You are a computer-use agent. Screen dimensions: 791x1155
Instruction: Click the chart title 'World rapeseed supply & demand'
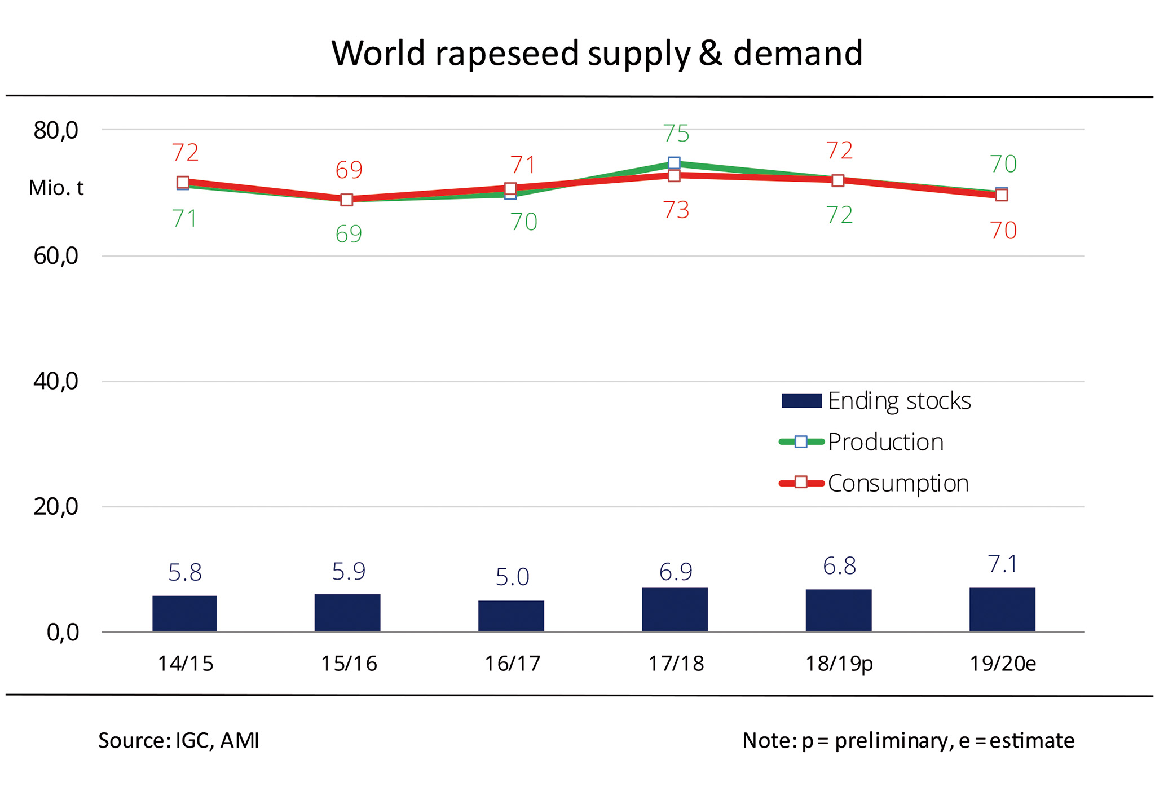[x=597, y=53]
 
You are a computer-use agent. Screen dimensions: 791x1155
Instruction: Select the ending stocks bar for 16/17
[x=511, y=616]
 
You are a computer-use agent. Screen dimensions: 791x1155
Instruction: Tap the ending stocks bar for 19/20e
[x=1002, y=609]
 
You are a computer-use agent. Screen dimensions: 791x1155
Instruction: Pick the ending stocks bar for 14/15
[x=184, y=613]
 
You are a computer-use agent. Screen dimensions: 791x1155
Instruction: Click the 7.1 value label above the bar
[x=1003, y=564]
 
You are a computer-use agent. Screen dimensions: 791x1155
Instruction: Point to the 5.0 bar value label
[x=512, y=577]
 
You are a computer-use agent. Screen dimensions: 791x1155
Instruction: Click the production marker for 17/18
[x=674, y=163]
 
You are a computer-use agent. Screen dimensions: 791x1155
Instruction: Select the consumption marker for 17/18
[x=674, y=176]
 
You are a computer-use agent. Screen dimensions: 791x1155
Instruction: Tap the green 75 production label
[x=676, y=134]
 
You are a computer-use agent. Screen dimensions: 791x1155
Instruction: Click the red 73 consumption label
[x=676, y=210]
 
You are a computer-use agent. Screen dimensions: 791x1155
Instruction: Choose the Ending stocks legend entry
[x=876, y=401]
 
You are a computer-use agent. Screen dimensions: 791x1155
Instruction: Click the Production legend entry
[x=862, y=442]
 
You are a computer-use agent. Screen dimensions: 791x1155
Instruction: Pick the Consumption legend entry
[x=874, y=483]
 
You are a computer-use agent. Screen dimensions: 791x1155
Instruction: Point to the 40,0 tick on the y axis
[x=56, y=382]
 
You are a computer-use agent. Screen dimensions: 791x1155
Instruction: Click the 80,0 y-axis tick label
[x=56, y=130]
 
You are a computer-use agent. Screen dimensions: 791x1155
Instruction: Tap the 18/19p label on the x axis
[x=839, y=664]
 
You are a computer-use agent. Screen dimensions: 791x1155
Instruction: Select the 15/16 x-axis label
[x=349, y=664]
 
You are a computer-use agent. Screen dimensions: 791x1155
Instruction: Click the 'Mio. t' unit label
[x=56, y=188]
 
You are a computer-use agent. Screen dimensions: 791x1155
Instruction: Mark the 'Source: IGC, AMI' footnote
[x=179, y=740]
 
